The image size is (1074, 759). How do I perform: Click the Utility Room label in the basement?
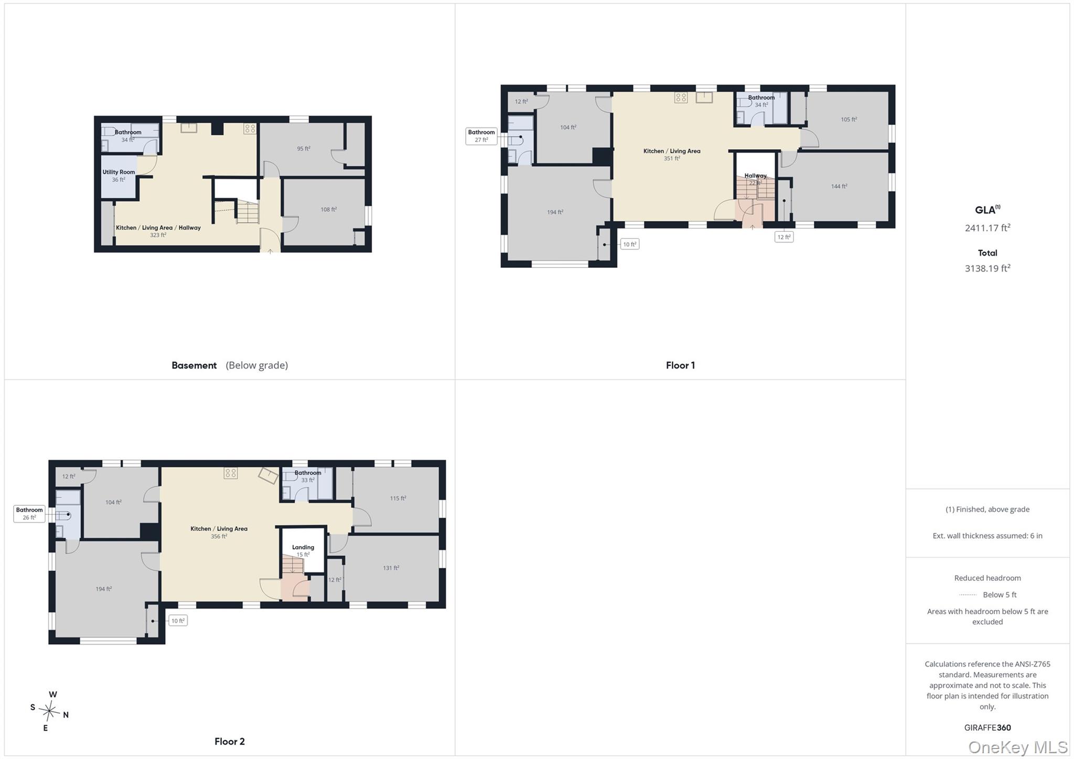(119, 172)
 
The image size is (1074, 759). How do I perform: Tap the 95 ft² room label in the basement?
(304, 148)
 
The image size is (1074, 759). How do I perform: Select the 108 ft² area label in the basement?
(329, 209)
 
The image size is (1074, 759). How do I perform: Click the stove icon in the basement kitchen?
(250, 128)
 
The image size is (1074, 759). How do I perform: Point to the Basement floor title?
(194, 365)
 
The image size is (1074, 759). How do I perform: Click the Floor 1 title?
(680, 365)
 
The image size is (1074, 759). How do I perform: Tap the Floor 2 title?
(229, 741)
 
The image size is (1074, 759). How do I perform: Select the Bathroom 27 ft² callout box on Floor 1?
(481, 136)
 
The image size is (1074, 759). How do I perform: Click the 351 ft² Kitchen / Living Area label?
(672, 155)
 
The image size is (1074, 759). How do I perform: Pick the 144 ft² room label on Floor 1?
(839, 186)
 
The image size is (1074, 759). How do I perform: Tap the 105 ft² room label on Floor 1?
(849, 119)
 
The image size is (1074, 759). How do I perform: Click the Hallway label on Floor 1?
(755, 176)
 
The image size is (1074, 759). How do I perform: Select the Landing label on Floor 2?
(303, 547)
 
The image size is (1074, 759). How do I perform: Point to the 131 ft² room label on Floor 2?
(391, 568)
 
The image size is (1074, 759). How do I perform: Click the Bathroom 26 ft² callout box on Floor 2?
(29, 514)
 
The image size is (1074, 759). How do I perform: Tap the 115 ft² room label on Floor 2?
(398, 498)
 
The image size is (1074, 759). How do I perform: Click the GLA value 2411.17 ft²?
(987, 228)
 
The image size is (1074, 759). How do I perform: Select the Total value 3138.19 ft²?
(987, 268)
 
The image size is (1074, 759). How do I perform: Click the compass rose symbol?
(50, 711)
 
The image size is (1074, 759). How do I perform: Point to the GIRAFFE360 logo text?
(987, 728)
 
